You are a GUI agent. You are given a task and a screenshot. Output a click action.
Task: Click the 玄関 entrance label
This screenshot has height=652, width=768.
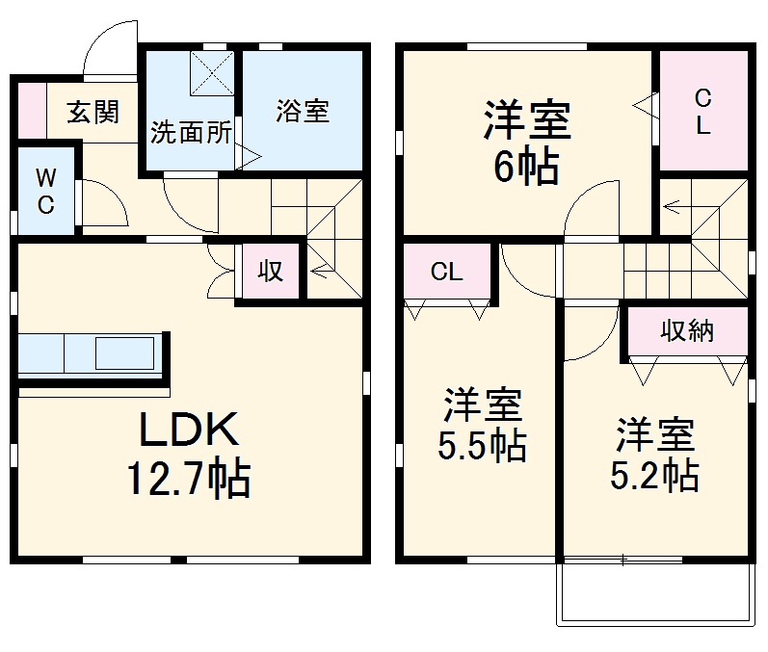click(x=93, y=112)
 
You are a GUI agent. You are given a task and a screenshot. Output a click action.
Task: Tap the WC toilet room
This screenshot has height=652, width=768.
click(x=45, y=191)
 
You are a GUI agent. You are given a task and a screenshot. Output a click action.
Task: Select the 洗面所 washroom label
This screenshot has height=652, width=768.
click(x=191, y=132)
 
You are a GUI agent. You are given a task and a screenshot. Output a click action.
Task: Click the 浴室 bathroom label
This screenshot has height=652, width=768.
click(x=303, y=111)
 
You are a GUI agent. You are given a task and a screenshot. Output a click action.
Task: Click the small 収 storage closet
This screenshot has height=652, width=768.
click(x=271, y=271)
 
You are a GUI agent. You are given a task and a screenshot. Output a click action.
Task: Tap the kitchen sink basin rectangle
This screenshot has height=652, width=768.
click(x=124, y=352)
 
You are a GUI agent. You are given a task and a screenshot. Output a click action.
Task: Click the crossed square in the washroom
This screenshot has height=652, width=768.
click(x=212, y=73)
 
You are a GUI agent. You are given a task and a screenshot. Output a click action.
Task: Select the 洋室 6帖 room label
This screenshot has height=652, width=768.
click(x=526, y=142)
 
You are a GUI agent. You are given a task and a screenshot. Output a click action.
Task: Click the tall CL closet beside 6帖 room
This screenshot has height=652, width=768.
click(x=703, y=110)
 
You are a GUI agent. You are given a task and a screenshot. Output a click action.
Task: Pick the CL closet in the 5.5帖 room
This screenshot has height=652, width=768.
click(x=447, y=271)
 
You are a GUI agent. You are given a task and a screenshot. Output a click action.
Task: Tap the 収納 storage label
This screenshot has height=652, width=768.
click(x=687, y=331)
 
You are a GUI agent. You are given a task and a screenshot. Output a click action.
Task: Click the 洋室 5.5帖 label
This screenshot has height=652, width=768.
click(x=482, y=425)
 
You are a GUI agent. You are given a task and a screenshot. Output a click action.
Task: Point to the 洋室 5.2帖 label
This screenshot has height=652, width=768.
click(x=655, y=455)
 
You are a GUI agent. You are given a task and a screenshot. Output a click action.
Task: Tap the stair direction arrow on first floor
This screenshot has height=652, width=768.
click(x=321, y=270)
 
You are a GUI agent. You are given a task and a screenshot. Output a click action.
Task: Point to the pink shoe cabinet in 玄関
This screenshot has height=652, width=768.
click(x=32, y=111)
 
